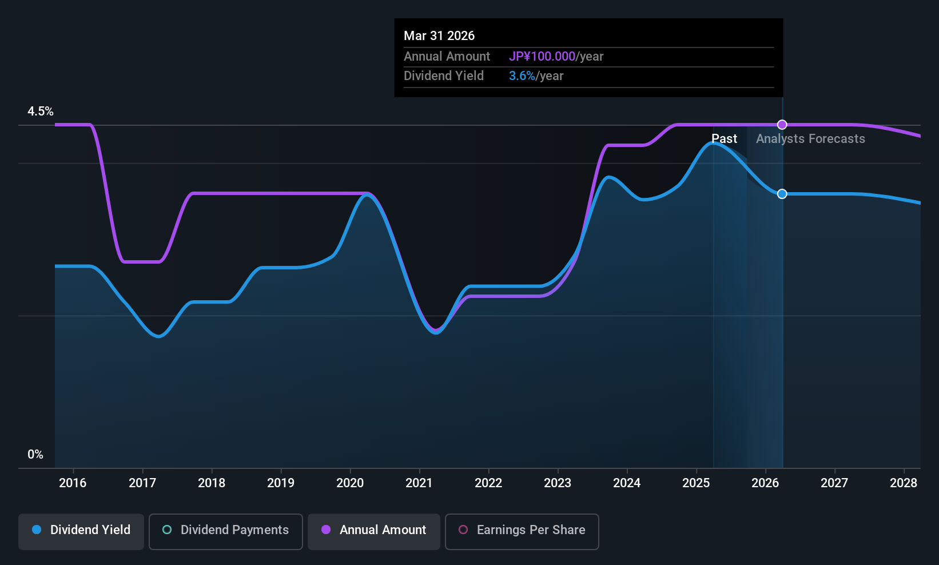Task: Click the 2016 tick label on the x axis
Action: coord(73,483)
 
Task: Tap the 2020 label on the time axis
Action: coord(350,483)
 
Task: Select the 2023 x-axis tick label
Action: coord(558,483)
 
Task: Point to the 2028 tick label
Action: coord(904,483)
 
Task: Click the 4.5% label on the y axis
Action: coord(41,112)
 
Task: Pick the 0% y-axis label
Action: coord(35,455)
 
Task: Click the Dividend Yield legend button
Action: coord(81,530)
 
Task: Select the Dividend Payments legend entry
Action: coord(226,530)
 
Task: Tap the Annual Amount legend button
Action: coord(374,530)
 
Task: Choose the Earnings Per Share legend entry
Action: coord(522,530)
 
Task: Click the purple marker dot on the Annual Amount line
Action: coord(782,125)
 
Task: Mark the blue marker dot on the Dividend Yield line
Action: coord(782,194)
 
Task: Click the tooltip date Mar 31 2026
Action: coord(439,35)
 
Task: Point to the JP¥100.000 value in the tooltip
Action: coord(542,57)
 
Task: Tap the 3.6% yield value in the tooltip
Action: coord(522,76)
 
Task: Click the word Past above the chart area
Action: coord(724,139)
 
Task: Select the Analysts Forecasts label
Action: coord(810,139)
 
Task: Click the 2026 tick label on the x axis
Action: coord(765,483)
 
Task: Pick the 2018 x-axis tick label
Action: coord(212,483)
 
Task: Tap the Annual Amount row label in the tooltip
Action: coord(447,57)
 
